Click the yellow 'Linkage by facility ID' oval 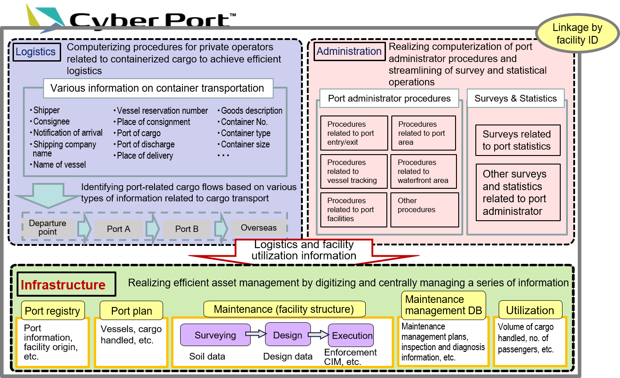pyautogui.click(x=578, y=33)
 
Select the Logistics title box pyautogui.click(x=36, y=52)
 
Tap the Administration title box pyautogui.click(x=350, y=52)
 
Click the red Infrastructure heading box pyautogui.click(x=66, y=285)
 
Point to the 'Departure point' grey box pyautogui.click(x=48, y=227)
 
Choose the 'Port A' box pyautogui.click(x=119, y=229)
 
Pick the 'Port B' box pyautogui.click(x=187, y=229)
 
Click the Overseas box pyautogui.click(x=259, y=227)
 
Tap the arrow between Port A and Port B pyautogui.click(x=152, y=229)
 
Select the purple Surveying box pyautogui.click(x=215, y=335)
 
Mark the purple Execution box pyautogui.click(x=351, y=335)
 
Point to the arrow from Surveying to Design pyautogui.click(x=256, y=334)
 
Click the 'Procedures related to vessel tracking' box pyautogui.click(x=354, y=171)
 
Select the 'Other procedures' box pyautogui.click(x=425, y=209)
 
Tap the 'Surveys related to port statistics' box pyautogui.click(x=518, y=140)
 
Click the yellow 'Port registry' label pyautogui.click(x=53, y=311)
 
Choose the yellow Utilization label pyautogui.click(x=530, y=310)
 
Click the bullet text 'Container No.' pyautogui.click(x=244, y=122)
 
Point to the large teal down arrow pyautogui.click(x=48, y=195)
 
